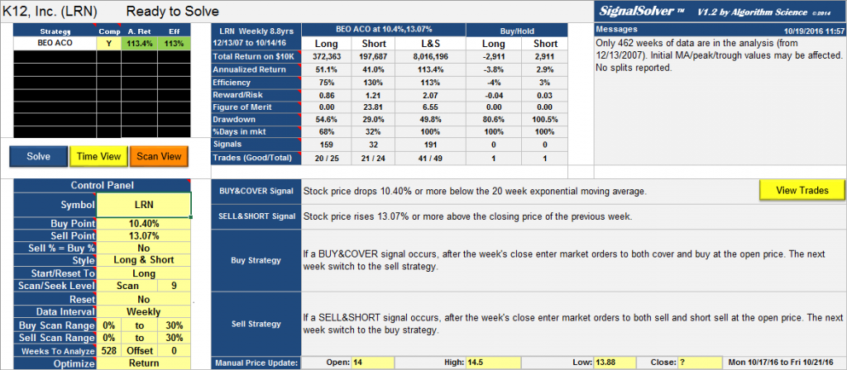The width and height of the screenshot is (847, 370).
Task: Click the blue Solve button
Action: (x=39, y=156)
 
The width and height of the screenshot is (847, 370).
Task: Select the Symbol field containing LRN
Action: (x=143, y=204)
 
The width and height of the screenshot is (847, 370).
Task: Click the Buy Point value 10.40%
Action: (x=143, y=223)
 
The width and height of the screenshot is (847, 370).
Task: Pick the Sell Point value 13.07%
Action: (x=143, y=235)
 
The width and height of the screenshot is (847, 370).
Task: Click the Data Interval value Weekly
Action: (x=143, y=312)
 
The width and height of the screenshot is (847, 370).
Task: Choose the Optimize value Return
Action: (x=143, y=363)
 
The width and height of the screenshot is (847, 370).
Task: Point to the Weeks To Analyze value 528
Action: (x=108, y=350)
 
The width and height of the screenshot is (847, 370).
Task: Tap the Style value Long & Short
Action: (x=143, y=261)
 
